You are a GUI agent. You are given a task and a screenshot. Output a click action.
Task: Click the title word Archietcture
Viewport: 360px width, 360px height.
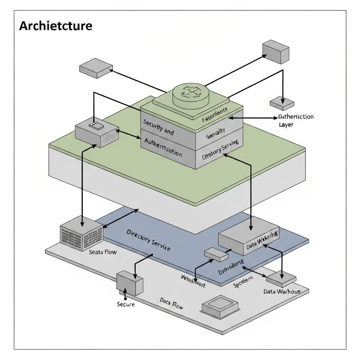click(x=56, y=26)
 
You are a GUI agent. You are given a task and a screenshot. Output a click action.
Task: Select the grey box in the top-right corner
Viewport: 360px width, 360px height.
click(x=276, y=52)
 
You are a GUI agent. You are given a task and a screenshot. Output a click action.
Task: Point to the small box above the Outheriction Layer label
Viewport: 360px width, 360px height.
click(x=282, y=103)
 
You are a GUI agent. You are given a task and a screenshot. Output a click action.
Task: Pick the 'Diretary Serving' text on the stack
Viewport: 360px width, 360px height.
click(x=220, y=149)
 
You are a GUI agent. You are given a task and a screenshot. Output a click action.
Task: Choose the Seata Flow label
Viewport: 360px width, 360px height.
click(x=103, y=252)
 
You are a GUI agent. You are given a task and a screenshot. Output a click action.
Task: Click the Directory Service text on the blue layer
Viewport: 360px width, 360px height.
click(x=148, y=240)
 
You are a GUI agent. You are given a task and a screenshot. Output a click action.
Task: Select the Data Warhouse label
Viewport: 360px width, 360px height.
click(x=282, y=291)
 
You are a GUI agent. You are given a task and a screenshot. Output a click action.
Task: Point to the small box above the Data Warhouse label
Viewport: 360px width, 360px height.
click(x=281, y=278)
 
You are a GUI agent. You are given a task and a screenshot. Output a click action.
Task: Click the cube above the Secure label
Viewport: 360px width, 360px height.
click(x=130, y=283)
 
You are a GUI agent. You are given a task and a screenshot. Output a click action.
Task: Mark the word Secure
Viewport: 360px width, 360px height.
click(x=126, y=304)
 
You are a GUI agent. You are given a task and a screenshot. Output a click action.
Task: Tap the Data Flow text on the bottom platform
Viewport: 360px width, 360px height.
click(x=171, y=303)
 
